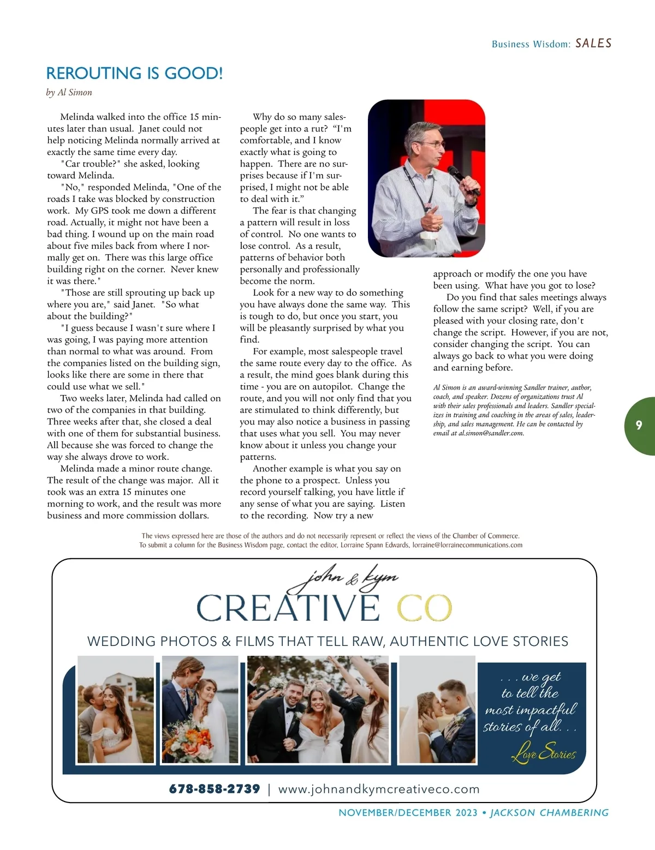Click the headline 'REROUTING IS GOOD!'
point(134,73)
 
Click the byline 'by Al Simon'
point(69,92)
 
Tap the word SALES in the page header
point(593,44)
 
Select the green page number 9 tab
point(639,426)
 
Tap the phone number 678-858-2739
point(215,789)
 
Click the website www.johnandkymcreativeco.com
point(379,789)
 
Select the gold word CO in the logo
point(424,608)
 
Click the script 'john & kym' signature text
point(344,579)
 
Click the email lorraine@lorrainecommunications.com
point(467,545)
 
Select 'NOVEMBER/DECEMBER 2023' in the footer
point(408,813)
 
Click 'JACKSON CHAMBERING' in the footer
point(549,813)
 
